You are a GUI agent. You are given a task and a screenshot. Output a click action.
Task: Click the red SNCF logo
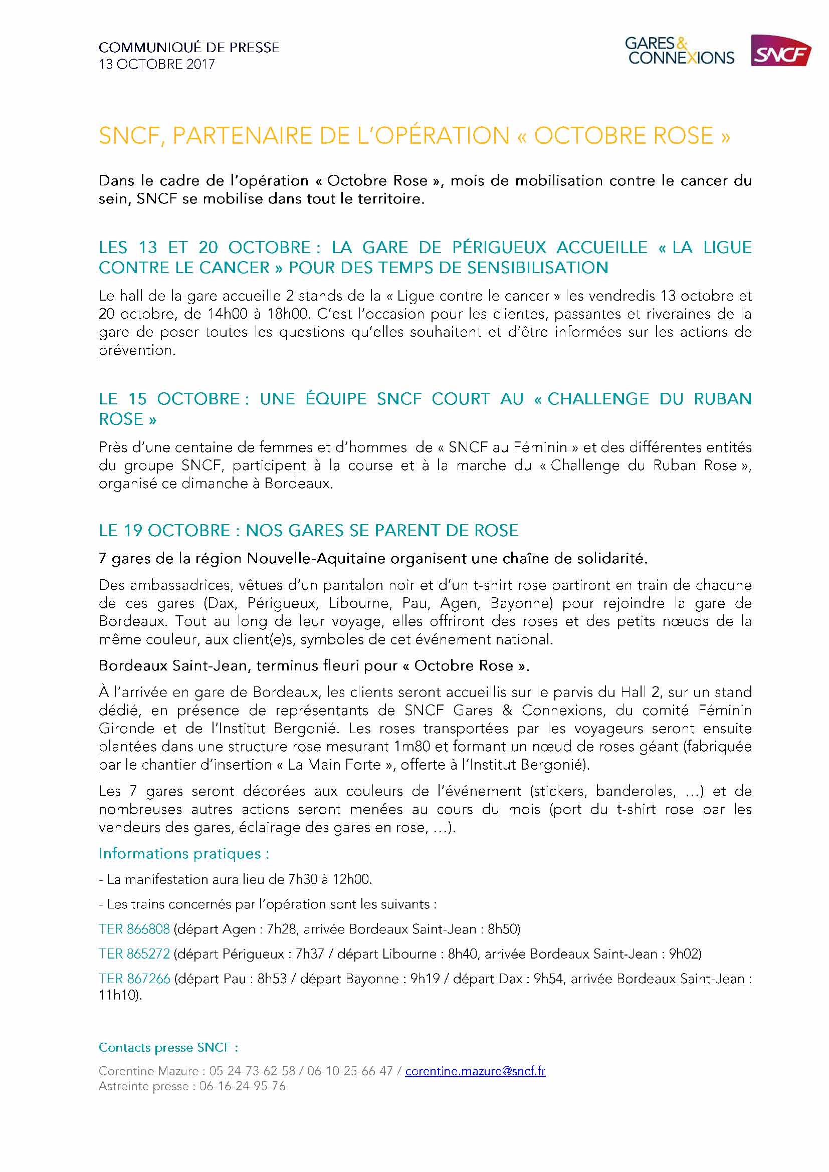[781, 51]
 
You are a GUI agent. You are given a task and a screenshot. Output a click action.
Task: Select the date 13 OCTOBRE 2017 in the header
[157, 64]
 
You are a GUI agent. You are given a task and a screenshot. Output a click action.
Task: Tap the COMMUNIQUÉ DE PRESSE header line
[189, 48]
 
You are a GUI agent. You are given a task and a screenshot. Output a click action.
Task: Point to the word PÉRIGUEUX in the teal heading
[499, 248]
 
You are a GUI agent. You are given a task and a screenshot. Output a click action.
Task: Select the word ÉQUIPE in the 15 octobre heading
[336, 399]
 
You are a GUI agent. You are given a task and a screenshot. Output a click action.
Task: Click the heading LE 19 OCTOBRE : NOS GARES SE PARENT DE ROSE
[308, 531]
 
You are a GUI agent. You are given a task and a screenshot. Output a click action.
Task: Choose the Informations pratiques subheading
[184, 853]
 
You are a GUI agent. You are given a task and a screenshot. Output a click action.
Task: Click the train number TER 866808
[134, 929]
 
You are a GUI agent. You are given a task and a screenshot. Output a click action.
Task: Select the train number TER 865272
[134, 954]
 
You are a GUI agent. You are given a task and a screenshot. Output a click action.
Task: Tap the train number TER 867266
[134, 979]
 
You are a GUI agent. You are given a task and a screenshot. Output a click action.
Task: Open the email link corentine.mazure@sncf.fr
[475, 1071]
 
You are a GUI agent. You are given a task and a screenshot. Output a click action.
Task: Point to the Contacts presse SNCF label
[168, 1048]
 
